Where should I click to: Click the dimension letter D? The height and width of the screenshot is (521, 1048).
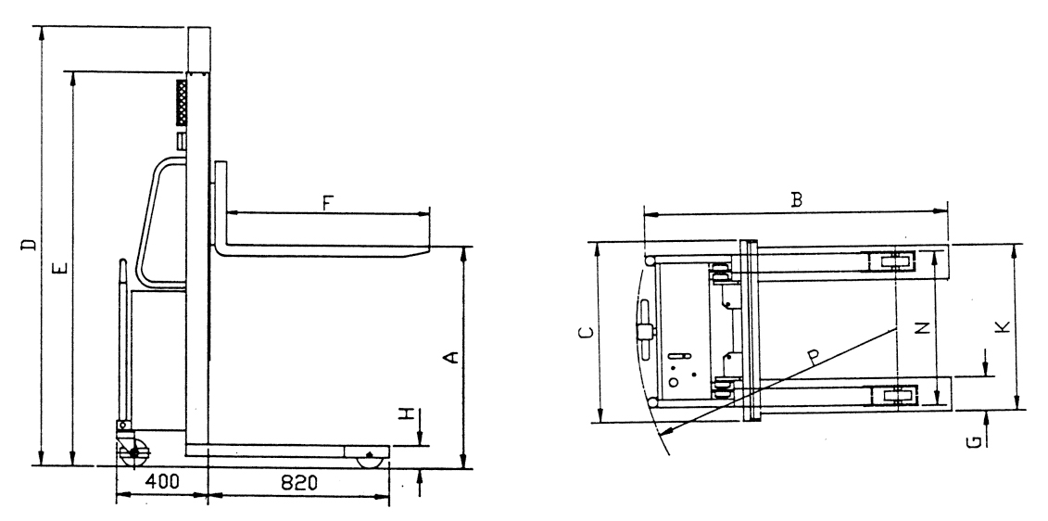coord(29,245)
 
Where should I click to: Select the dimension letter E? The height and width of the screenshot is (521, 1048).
coord(60,269)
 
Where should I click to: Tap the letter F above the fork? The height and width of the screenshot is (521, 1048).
coord(327,202)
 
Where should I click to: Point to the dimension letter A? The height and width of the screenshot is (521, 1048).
coord(452,357)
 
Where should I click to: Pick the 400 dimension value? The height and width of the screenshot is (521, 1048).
coord(161,482)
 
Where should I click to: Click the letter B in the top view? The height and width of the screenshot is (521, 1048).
coord(796,199)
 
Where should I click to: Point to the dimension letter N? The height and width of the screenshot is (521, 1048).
coord(922,328)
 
